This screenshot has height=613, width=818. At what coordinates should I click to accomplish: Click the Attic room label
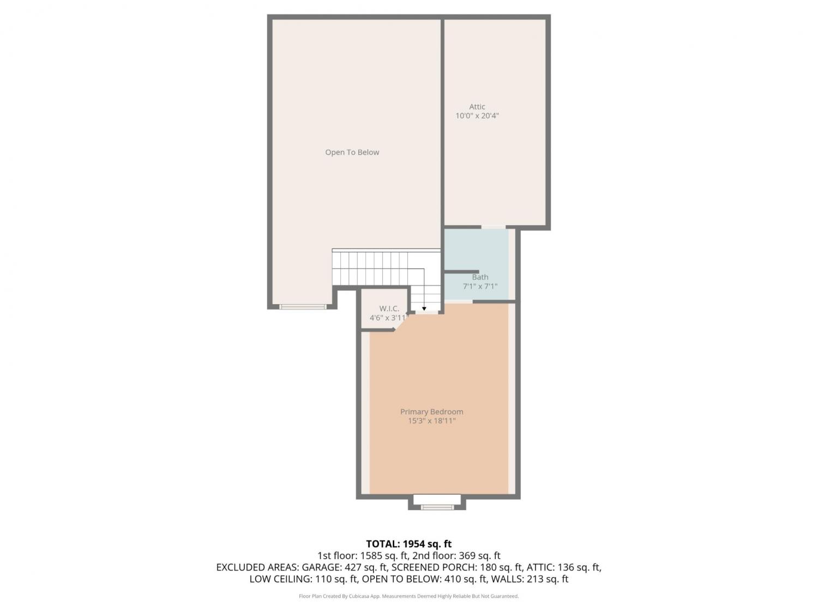[477, 107]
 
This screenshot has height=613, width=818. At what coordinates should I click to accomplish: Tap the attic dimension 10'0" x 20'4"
[477, 116]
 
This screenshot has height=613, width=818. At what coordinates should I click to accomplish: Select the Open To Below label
[352, 152]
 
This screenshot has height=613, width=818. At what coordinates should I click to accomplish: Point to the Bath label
[480, 277]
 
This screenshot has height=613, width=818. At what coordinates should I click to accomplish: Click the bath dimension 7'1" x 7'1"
[480, 286]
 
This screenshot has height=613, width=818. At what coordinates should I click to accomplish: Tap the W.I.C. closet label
[389, 308]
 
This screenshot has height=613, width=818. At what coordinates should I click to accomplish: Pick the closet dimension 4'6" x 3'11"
[389, 318]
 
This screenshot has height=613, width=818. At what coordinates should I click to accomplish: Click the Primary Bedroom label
[431, 411]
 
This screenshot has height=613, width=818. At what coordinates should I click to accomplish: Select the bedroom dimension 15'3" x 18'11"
[431, 421]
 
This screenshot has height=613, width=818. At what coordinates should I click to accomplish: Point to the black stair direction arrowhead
[424, 308]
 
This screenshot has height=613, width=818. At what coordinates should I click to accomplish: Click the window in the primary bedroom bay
[437, 507]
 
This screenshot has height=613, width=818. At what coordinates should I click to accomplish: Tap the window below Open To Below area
[303, 307]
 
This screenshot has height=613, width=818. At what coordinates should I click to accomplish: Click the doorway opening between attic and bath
[493, 227]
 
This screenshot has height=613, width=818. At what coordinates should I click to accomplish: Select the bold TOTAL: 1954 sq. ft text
[408, 544]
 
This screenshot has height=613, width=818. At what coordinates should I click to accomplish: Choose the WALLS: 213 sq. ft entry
[530, 579]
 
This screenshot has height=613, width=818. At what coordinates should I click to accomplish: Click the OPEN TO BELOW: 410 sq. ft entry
[424, 579]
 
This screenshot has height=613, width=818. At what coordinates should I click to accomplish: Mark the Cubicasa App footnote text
[408, 596]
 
